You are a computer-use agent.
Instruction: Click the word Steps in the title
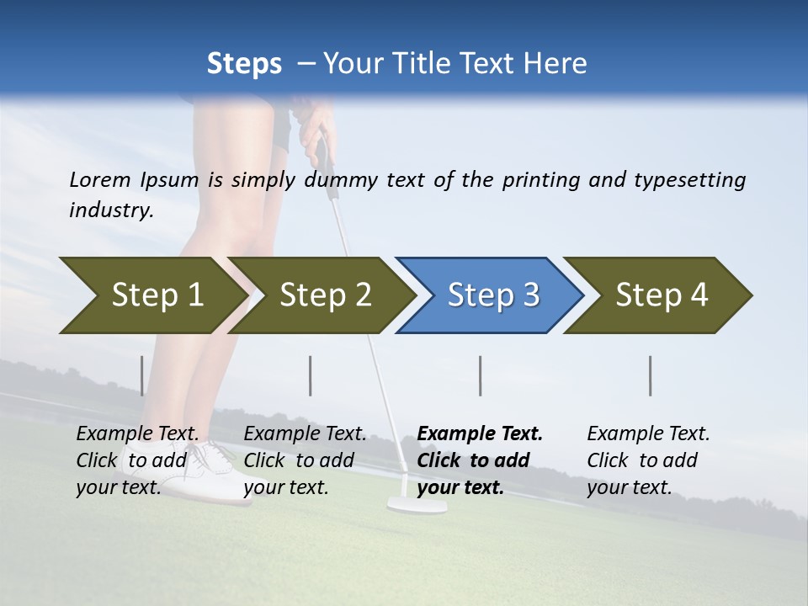click(x=244, y=64)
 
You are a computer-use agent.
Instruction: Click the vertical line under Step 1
click(x=141, y=375)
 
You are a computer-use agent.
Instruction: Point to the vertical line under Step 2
click(x=311, y=375)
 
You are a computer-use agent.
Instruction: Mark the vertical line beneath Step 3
click(x=480, y=375)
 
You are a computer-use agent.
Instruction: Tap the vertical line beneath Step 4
click(x=650, y=375)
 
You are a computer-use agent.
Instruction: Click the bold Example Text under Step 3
click(x=480, y=460)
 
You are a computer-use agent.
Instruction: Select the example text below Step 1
click(x=138, y=460)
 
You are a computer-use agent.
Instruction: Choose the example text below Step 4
click(x=648, y=460)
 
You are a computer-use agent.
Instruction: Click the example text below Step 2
click(x=305, y=460)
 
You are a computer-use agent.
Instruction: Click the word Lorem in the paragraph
click(x=100, y=180)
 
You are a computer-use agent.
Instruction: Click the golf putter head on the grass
click(x=417, y=505)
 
